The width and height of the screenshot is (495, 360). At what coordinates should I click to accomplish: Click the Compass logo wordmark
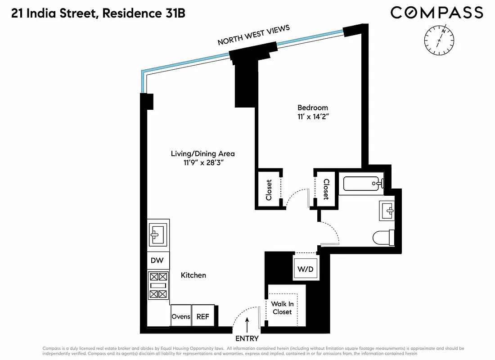point(436,13)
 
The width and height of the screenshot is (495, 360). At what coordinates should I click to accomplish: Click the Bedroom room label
point(313,108)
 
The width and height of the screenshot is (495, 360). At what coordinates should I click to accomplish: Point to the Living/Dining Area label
point(202,153)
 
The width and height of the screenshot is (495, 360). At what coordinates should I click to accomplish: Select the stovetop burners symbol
point(158,285)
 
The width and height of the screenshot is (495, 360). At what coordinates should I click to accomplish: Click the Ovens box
point(181,316)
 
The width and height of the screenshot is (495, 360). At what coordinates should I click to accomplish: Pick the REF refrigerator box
point(202,316)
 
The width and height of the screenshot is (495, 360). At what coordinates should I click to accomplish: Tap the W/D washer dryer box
point(306,270)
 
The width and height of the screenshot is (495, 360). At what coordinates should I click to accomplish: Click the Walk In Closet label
point(282,308)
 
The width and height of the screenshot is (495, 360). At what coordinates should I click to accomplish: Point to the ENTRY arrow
point(247,324)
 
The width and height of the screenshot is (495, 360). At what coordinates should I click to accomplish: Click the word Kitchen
point(193,275)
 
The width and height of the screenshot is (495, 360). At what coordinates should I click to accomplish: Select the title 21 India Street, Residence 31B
point(98,13)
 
